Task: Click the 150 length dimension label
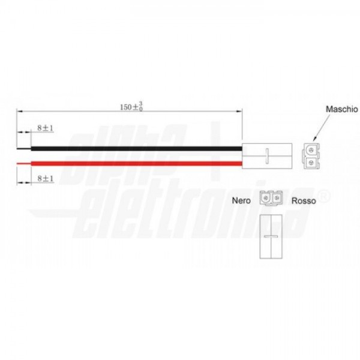point(131,107)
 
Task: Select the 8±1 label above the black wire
point(45,128)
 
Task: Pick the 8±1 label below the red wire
point(45,178)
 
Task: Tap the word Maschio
point(342,109)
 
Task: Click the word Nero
point(241,200)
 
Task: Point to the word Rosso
point(304,200)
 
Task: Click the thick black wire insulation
point(136,149)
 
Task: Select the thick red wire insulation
point(136,164)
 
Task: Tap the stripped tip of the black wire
point(24,149)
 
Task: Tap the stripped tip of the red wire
point(24,164)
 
